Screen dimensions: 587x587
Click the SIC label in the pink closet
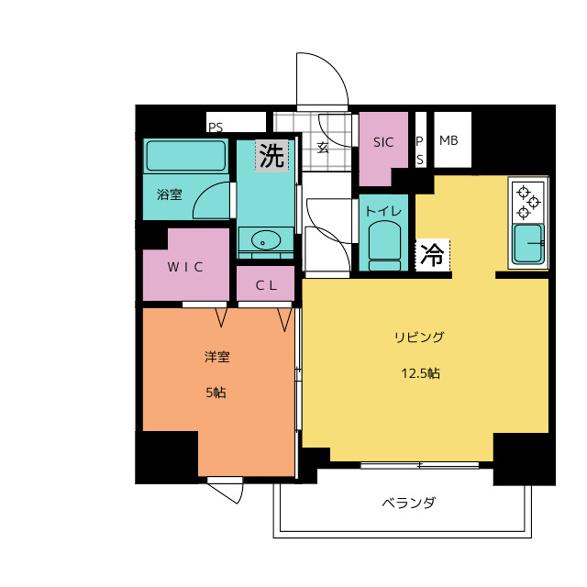pos(383,142)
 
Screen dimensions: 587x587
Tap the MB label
pos(449,140)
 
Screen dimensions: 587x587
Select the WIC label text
pos(185,267)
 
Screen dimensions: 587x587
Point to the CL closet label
pos(266,286)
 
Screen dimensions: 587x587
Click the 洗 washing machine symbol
pos(271,156)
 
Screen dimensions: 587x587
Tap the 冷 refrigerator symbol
pos(432,255)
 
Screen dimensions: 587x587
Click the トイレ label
pos(383,212)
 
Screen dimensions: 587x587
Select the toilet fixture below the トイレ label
pos(384,246)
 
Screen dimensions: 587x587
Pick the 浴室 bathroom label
pos(170,194)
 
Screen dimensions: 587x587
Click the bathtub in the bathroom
pos(186,156)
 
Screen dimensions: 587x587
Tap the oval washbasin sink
pos(266,240)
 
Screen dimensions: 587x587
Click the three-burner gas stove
pos(528,202)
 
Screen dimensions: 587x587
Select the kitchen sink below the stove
pos(528,244)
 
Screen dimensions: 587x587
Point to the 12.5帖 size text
pos(420,373)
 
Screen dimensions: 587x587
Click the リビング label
pos(419,337)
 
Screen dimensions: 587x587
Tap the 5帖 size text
pos(216,393)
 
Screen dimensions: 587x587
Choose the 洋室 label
pos(217,357)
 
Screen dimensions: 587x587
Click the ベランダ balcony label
pos(409,503)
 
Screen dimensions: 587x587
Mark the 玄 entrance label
pos(323,148)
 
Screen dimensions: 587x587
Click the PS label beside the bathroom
pos(216,127)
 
